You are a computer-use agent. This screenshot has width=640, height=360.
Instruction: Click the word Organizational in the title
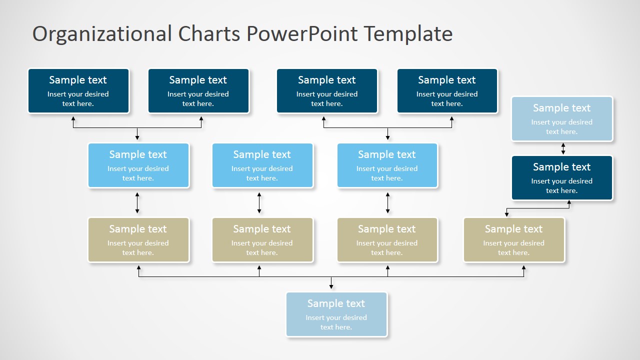point(102,34)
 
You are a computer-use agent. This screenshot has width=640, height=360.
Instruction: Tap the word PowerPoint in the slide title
point(302,34)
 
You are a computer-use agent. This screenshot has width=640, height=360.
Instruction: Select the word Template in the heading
point(408,34)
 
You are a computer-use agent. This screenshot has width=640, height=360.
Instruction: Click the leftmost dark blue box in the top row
point(78,91)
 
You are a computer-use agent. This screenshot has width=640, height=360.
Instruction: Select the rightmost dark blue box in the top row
point(447,91)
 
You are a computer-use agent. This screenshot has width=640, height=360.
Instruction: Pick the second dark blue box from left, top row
point(198,91)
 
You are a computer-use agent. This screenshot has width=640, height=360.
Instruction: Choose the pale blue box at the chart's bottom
point(336,314)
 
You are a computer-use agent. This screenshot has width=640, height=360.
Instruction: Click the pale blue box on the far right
point(561,119)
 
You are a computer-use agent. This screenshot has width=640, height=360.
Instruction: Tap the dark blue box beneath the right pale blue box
point(561,178)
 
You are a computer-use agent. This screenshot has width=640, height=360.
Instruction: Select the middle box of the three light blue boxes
point(262,165)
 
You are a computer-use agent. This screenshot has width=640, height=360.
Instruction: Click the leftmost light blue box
point(138,165)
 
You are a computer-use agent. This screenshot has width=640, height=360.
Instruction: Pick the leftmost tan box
point(138,240)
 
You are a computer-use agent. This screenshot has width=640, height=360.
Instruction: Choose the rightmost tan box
point(514,240)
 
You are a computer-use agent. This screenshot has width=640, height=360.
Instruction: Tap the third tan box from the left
point(387,240)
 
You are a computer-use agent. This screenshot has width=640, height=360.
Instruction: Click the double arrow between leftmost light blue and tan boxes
point(137,203)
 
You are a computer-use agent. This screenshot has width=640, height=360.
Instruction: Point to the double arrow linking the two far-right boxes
point(563,148)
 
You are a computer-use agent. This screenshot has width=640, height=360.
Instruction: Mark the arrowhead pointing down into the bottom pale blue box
point(331,286)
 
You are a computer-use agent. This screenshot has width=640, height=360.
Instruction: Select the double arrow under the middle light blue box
point(259,203)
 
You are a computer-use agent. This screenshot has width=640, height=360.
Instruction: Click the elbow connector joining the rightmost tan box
point(537,208)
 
